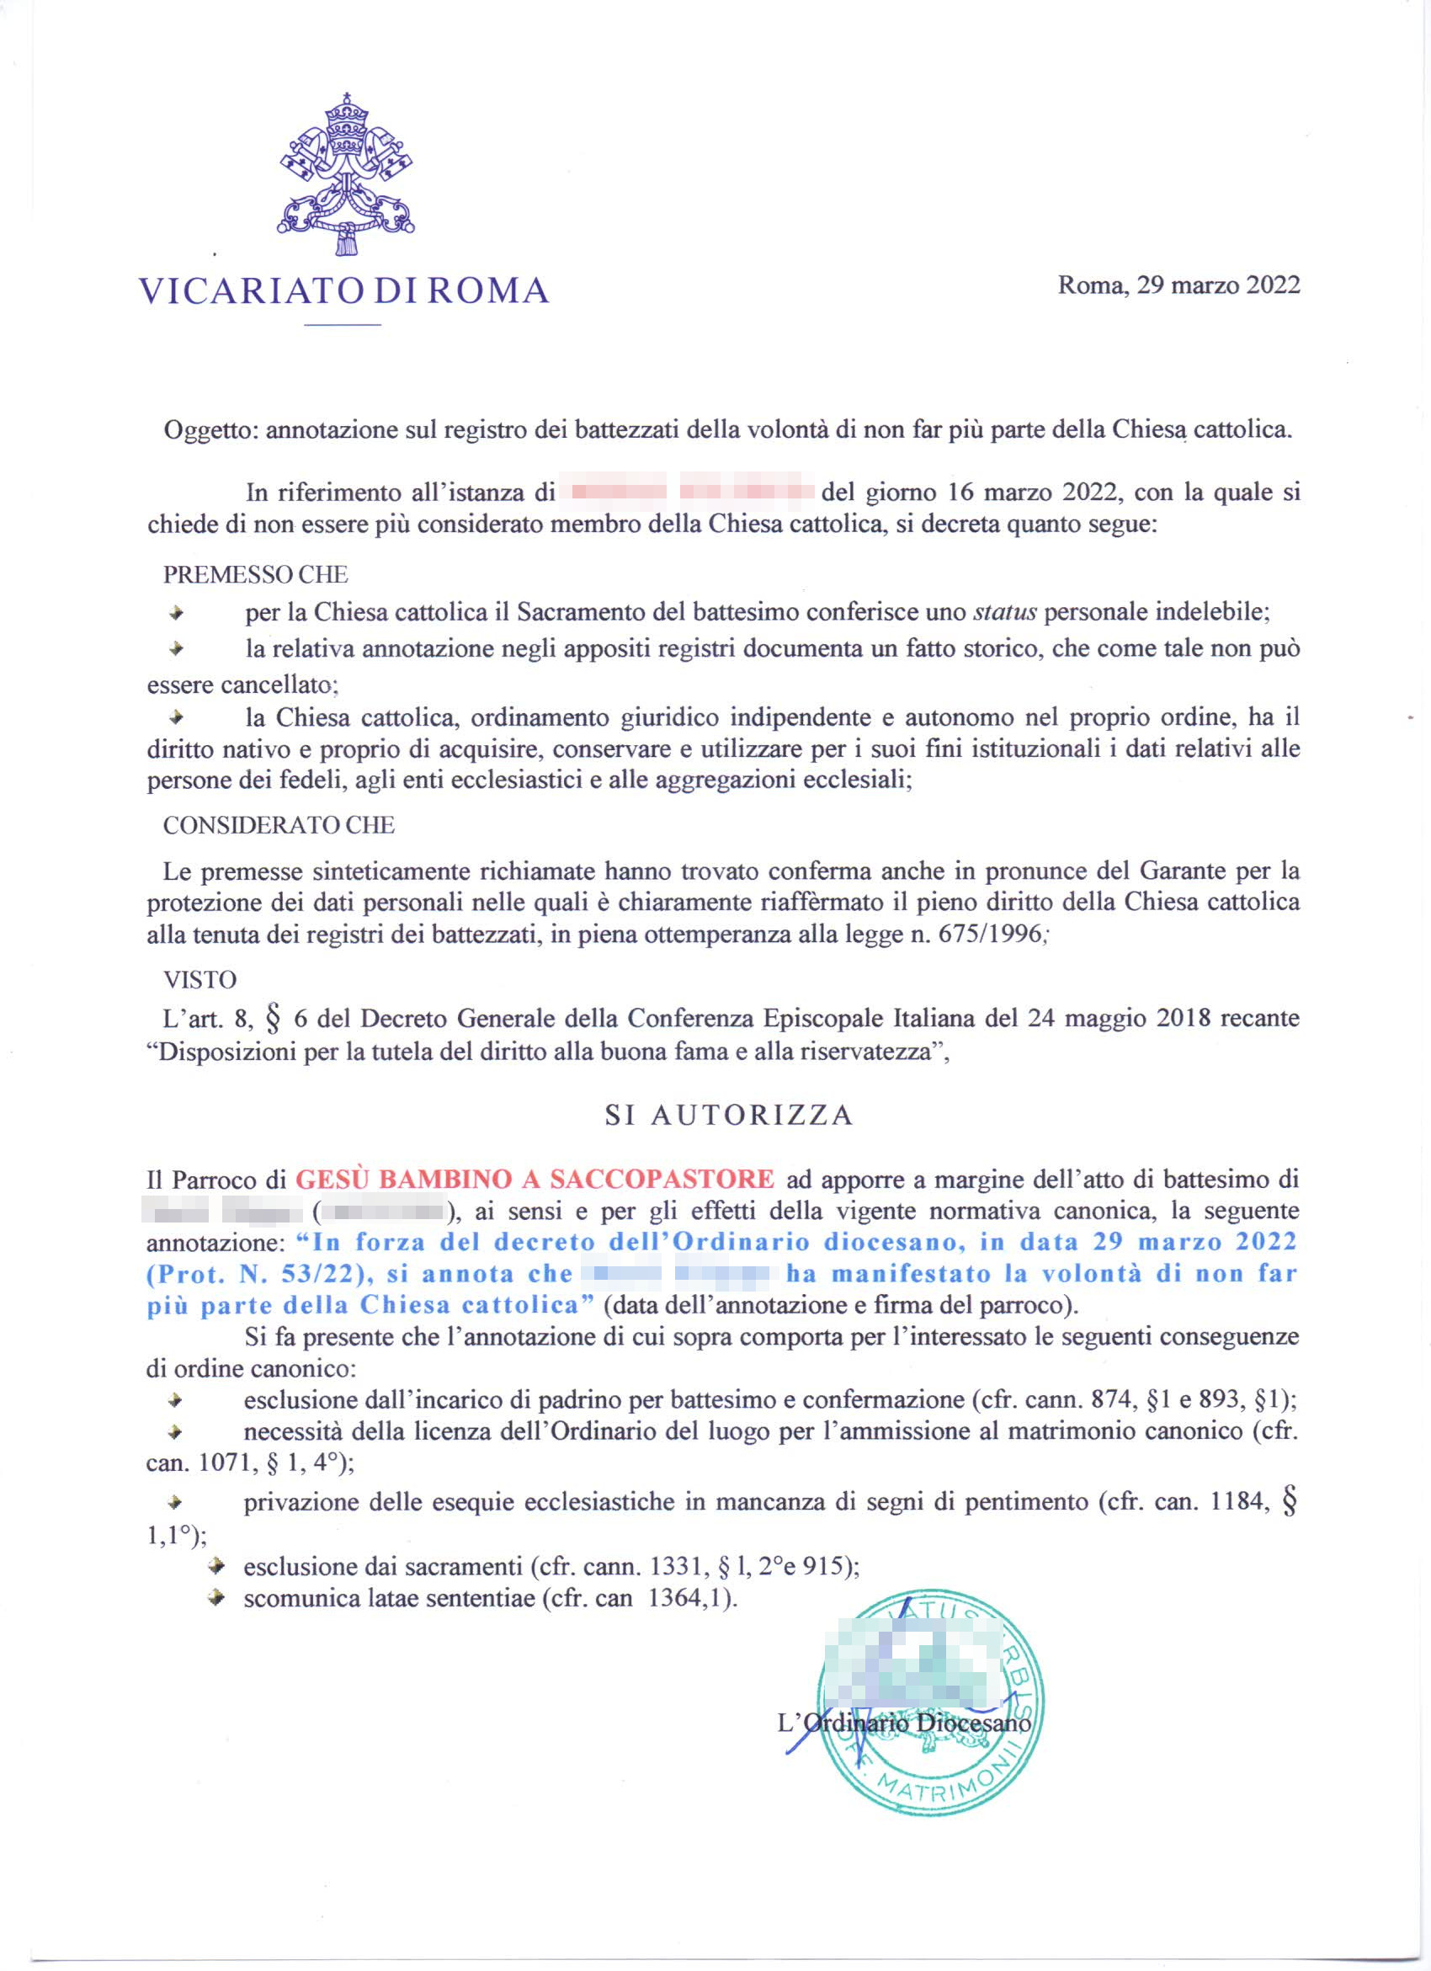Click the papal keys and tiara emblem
(346, 173)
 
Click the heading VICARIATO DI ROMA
(344, 290)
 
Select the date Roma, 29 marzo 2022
(1178, 286)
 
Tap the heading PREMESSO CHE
(255, 574)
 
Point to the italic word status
(1004, 612)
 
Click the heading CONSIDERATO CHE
(279, 825)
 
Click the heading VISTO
(199, 980)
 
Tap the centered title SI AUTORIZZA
(729, 1115)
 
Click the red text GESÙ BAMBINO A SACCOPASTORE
(535, 1180)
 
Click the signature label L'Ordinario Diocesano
(903, 1723)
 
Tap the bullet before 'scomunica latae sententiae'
(218, 1598)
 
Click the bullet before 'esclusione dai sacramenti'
(218, 1566)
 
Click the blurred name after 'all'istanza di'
(686, 493)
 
